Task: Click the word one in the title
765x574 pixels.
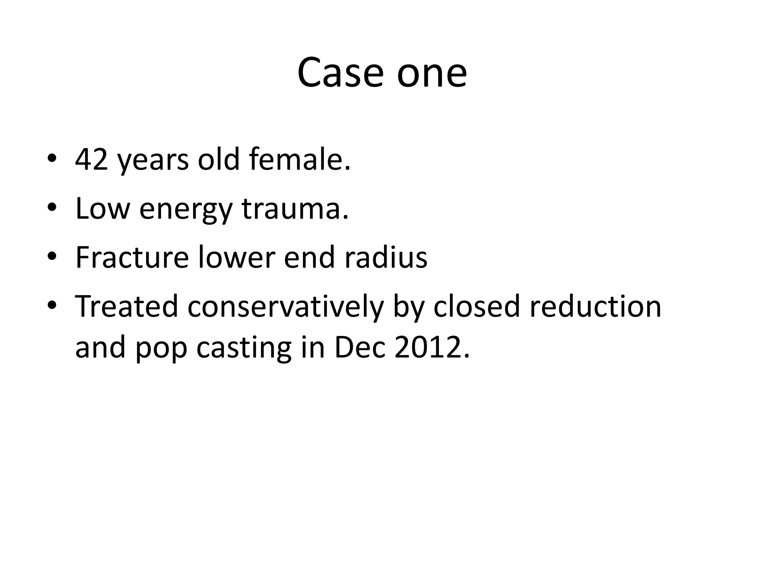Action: point(432,72)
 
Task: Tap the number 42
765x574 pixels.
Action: point(92,160)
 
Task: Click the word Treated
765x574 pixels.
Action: point(127,306)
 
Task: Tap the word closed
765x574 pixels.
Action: point(477,306)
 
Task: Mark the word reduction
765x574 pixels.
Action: point(595,306)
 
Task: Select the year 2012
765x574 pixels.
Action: point(431,347)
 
